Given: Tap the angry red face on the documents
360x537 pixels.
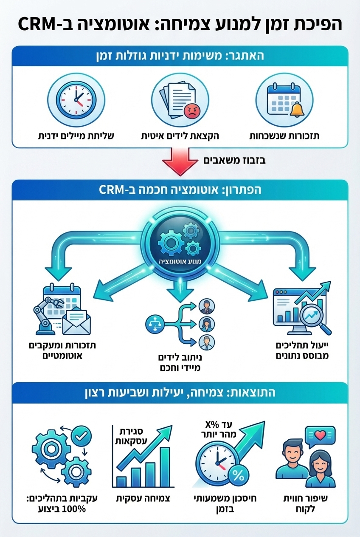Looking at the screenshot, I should coord(192,111).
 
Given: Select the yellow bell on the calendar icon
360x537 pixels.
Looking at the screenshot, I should coord(297,109).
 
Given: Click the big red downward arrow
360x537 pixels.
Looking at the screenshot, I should coord(180,160).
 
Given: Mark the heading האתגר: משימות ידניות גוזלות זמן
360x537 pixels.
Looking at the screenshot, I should coord(180,56).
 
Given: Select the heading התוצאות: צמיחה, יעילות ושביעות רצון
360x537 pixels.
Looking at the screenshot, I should coord(180,392).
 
